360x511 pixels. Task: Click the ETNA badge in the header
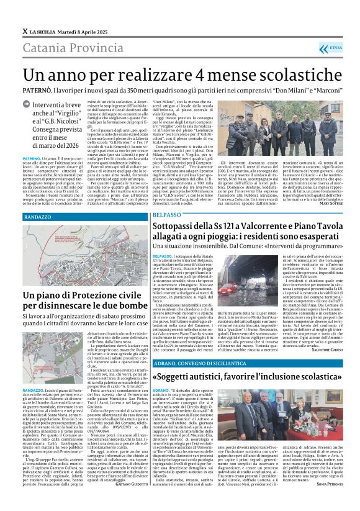pos(334,48)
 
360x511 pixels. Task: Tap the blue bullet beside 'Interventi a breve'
pos(26,106)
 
